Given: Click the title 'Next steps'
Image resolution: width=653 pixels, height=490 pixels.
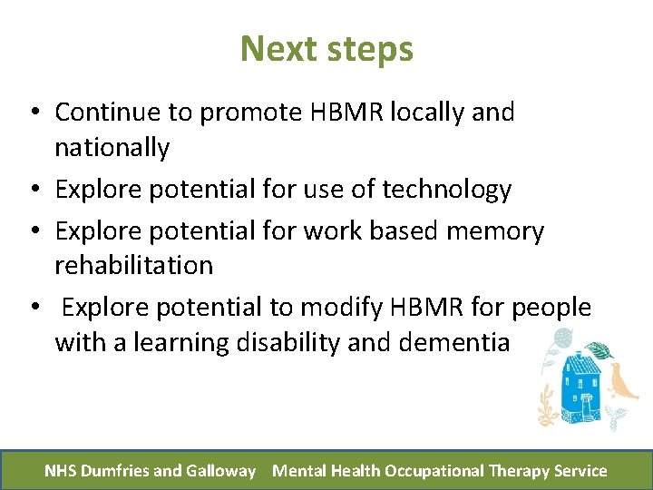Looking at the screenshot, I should pos(326,49).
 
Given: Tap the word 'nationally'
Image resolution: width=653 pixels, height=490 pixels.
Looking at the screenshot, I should pos(112,148).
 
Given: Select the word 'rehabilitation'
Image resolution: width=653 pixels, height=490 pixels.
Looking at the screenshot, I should pos(133,266).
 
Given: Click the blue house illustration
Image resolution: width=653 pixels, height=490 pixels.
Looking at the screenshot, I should pos(585,386).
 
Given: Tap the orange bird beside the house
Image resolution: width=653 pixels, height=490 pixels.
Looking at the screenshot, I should pos(624,381).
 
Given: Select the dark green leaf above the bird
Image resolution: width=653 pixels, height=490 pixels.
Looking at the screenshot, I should pos(599,350).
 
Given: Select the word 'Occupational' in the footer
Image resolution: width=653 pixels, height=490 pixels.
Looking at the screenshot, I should pos(434,471).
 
